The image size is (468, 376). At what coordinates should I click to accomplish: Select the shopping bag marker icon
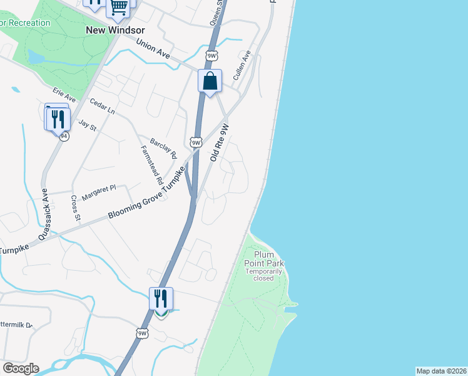tap(210, 81)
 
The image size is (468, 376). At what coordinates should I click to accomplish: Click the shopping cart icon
tap(119, 7)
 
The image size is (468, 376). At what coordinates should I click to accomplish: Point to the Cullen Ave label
tap(242, 65)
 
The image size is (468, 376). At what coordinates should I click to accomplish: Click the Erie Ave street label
tap(64, 95)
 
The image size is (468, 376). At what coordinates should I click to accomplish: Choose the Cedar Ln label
tap(103, 106)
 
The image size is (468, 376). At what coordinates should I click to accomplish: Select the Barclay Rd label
tap(163, 147)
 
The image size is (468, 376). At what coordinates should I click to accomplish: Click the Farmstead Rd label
tap(152, 165)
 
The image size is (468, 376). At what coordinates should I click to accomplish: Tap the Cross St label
tap(75, 209)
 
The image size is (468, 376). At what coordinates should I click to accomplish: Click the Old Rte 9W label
tap(220, 143)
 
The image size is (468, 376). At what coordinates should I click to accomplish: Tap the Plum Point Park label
tap(265, 263)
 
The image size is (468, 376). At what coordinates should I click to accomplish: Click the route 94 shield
tap(64, 135)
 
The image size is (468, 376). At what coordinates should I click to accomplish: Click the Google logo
tap(21, 368)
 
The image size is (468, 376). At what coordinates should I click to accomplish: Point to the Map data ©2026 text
tap(441, 371)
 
